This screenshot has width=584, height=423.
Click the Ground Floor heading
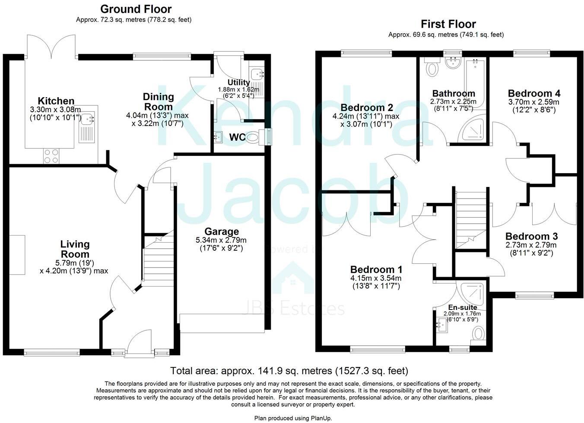136,9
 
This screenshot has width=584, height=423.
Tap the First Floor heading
448,24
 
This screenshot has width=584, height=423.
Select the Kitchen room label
56,101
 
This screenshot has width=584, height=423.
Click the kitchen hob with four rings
51,156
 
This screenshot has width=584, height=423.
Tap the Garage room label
222,232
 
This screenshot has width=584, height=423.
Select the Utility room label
238,82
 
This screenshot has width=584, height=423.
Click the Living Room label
75,249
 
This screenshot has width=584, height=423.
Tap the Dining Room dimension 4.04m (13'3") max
157,116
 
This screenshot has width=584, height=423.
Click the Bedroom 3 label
531,236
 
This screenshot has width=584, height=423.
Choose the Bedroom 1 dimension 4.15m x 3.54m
375,278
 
